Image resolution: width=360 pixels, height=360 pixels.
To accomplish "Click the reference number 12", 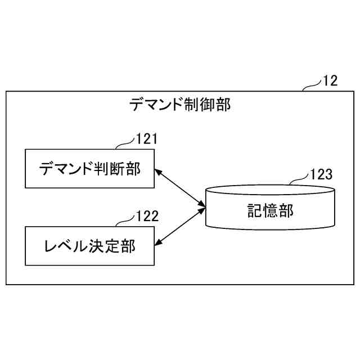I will tap(330, 81).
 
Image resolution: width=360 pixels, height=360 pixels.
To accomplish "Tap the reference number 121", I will tap(147, 139).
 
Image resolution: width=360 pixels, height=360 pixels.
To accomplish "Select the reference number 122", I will tap(147, 215).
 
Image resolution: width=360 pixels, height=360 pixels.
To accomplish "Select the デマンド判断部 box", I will tap(90, 168).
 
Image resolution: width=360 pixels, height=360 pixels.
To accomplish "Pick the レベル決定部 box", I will tap(90, 246).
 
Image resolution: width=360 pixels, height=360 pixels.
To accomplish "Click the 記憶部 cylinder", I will tap(271, 208).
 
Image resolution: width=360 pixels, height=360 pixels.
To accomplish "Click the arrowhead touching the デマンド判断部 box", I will tap(158, 170).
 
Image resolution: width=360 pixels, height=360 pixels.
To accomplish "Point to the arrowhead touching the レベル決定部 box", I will tap(158, 242).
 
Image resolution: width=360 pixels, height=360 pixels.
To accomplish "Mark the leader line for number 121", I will tap(125, 144).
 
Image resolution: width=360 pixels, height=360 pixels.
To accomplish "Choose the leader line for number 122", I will tap(125, 221).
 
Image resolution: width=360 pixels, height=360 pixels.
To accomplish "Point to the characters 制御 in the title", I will tap(201, 105).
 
